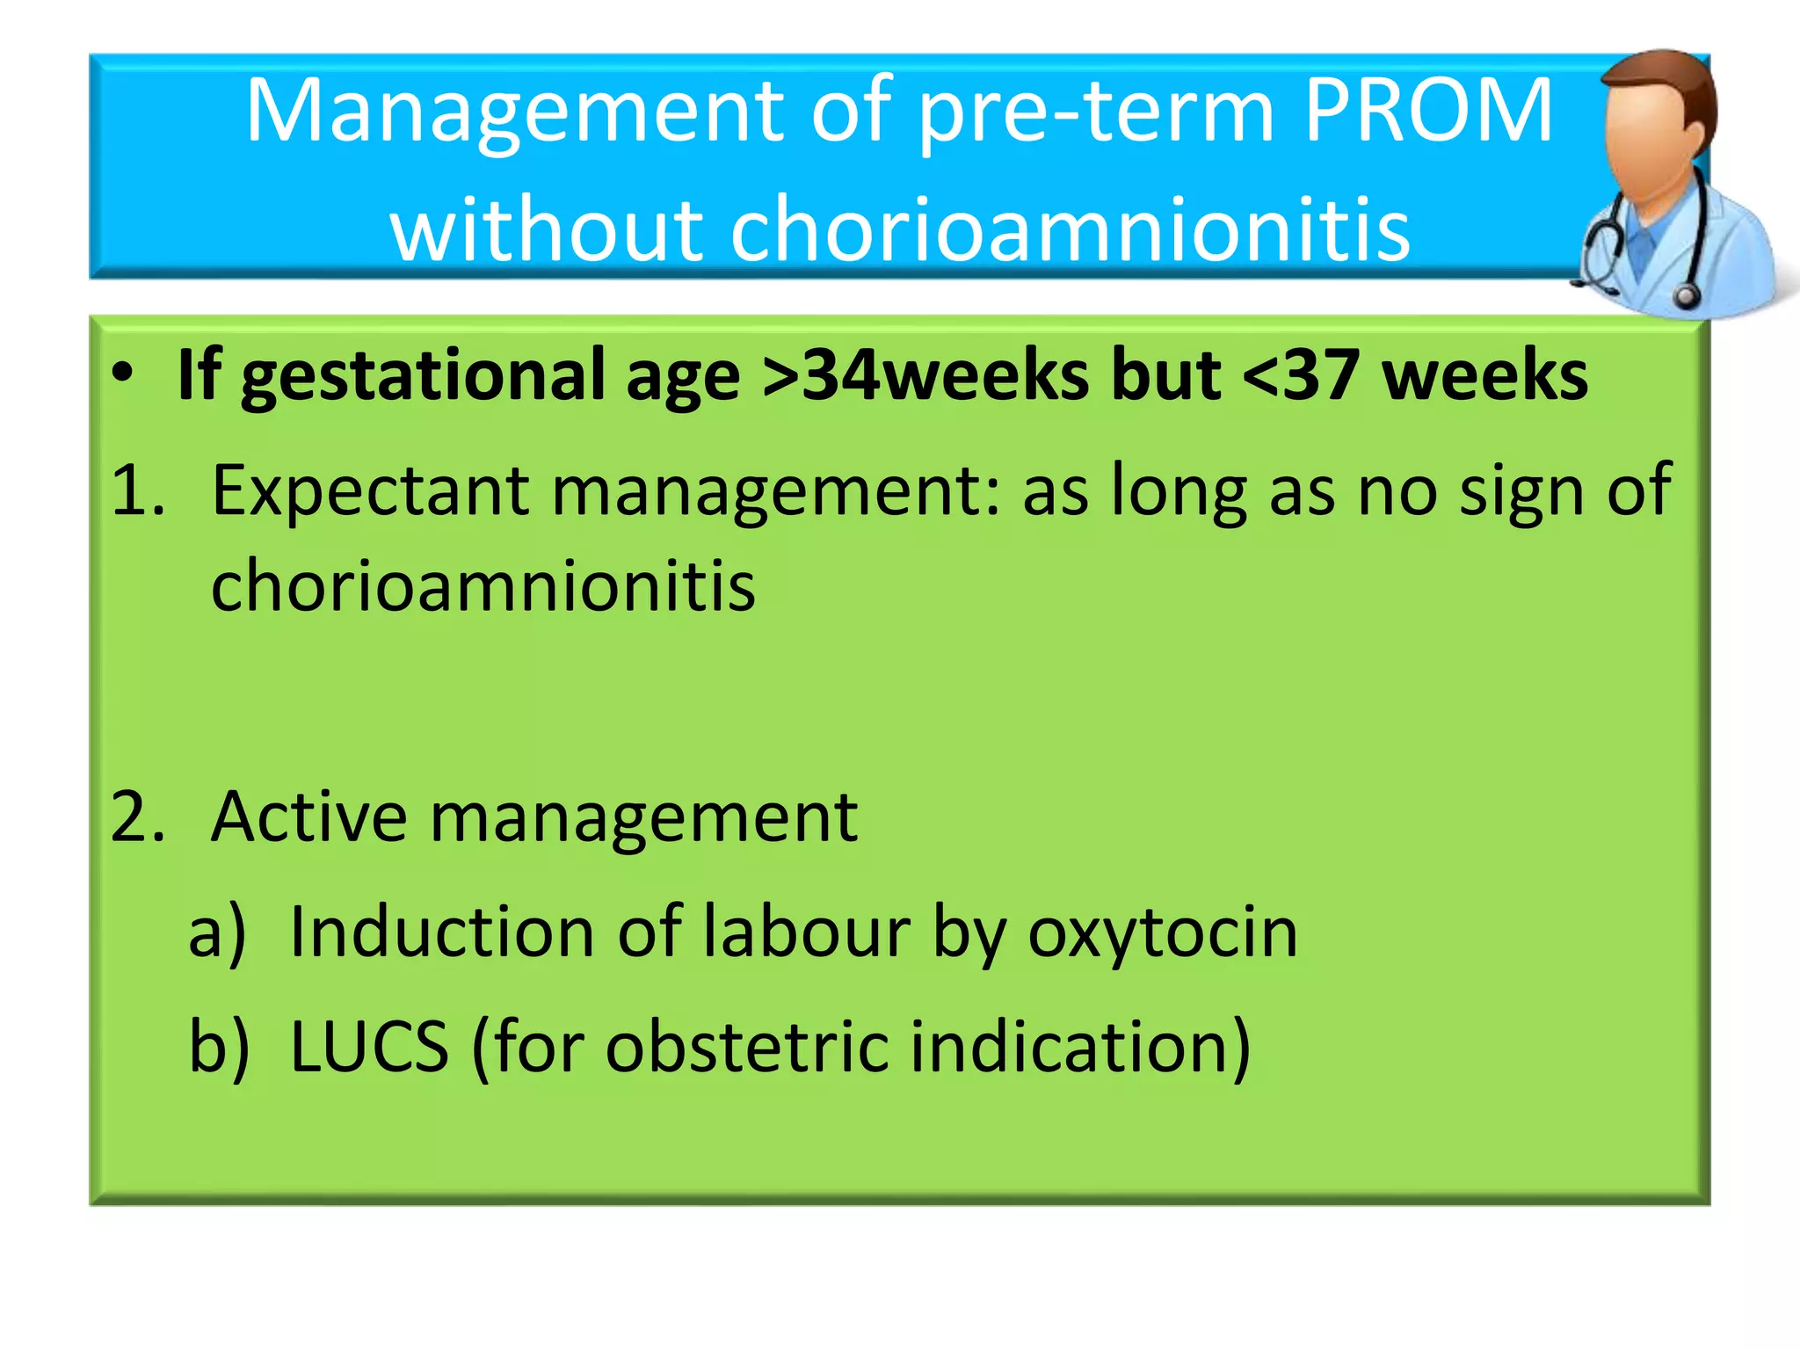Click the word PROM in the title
coord(1429,112)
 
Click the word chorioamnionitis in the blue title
coord(1070,229)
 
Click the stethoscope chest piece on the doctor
coord(1685,295)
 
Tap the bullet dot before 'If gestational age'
coord(123,374)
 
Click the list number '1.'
coord(138,490)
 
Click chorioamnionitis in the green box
coord(483,585)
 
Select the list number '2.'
coord(138,817)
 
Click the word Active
coord(308,817)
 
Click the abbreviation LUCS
coord(369,1047)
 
